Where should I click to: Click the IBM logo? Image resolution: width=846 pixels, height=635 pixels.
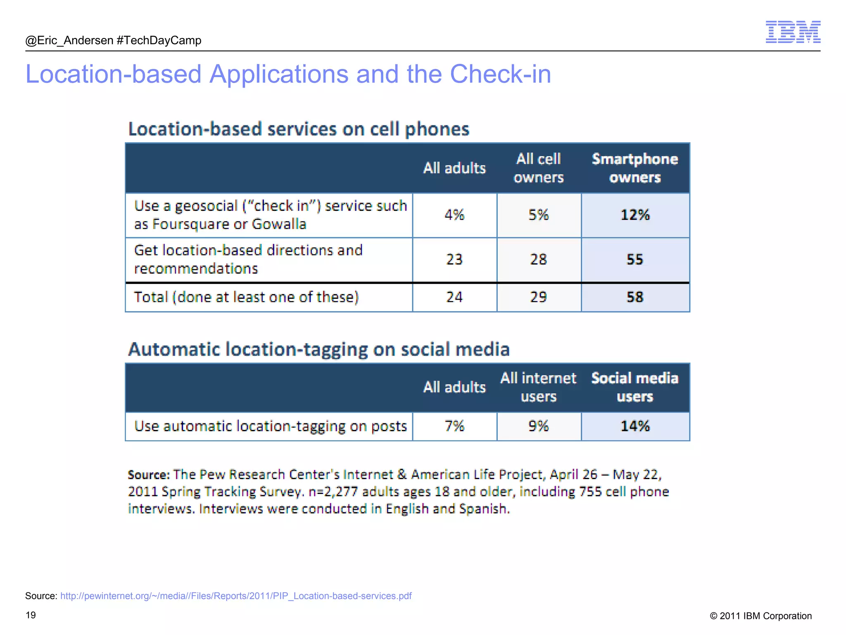(x=793, y=32)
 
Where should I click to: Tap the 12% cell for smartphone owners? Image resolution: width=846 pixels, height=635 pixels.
(x=635, y=215)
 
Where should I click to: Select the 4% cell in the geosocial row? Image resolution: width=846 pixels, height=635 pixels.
(x=454, y=215)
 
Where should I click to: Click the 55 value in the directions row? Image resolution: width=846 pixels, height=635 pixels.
(x=635, y=260)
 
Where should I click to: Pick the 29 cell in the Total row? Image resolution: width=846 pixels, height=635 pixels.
(x=538, y=297)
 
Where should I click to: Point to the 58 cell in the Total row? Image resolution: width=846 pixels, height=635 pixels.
(x=635, y=297)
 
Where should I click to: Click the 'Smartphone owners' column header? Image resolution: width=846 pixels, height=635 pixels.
(x=635, y=168)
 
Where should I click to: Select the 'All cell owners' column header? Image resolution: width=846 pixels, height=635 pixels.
(x=538, y=168)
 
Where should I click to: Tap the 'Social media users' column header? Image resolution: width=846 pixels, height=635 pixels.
(x=635, y=387)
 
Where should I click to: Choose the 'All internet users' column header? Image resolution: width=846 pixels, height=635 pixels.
(x=538, y=387)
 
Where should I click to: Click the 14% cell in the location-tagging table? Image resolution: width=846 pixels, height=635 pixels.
(x=635, y=426)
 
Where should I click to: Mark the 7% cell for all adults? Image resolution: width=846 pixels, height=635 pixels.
(x=454, y=426)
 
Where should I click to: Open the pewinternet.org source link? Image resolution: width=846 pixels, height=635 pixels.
(x=236, y=596)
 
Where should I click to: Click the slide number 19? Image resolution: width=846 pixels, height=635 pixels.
(x=31, y=615)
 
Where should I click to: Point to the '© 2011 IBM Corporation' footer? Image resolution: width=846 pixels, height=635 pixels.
(x=760, y=616)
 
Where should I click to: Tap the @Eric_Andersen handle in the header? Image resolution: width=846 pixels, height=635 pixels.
(x=69, y=41)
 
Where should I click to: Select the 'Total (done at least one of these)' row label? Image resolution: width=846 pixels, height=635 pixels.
(x=246, y=297)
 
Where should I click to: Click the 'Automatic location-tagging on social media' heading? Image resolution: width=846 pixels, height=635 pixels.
(x=319, y=349)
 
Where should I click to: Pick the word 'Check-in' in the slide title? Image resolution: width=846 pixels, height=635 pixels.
(x=500, y=74)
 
